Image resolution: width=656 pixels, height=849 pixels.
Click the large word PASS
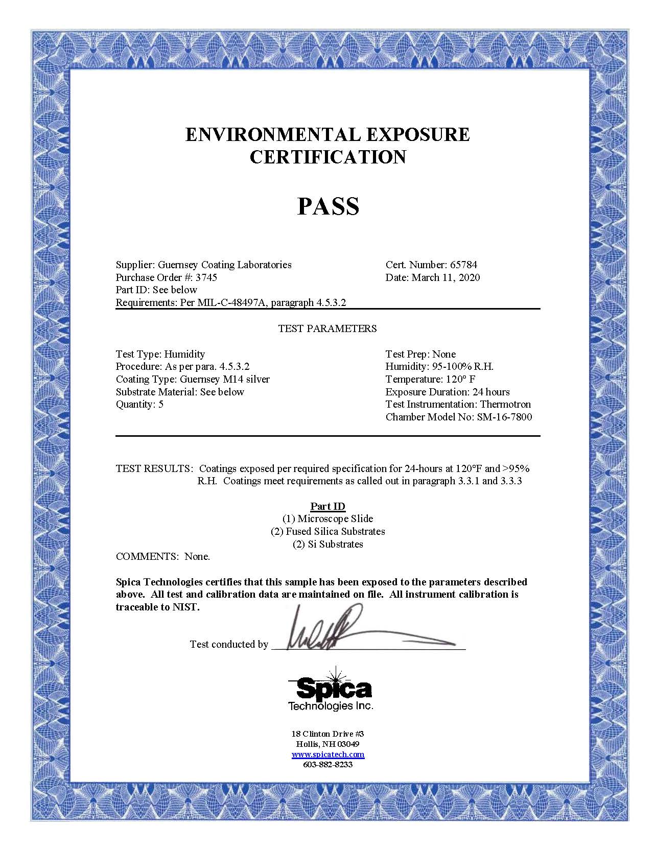coord(328,206)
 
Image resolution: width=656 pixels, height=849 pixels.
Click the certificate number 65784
coord(463,265)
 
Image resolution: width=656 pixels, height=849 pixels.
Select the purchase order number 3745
coord(206,277)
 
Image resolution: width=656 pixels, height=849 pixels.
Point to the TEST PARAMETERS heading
coord(327,328)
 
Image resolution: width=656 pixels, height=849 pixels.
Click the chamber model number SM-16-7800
coord(504,417)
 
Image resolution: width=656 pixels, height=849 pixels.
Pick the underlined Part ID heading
coord(328,506)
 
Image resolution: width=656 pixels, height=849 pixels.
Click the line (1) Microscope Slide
coord(328,518)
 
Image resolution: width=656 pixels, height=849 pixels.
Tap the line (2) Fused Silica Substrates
coord(328,531)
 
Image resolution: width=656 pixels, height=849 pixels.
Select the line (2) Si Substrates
coord(328,544)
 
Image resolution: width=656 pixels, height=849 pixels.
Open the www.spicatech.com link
coord(328,754)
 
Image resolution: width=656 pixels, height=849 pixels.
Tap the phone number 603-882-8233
coord(328,765)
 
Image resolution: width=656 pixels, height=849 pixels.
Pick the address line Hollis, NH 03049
coord(328,744)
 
